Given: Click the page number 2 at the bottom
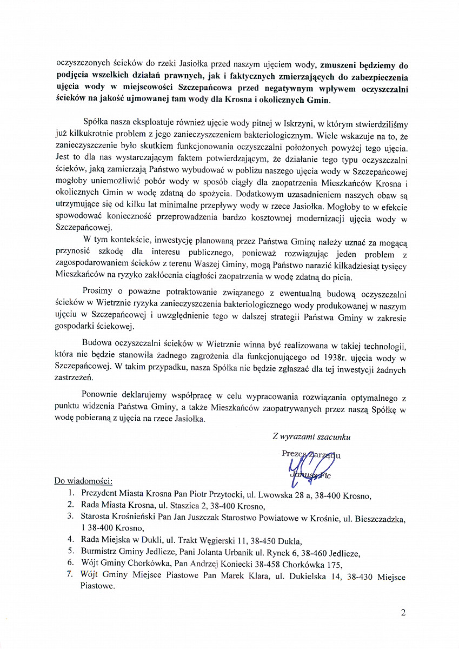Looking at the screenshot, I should point(403,613).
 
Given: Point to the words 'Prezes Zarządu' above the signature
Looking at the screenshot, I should point(311,454).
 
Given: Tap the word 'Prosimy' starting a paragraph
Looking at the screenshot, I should point(99,294).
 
